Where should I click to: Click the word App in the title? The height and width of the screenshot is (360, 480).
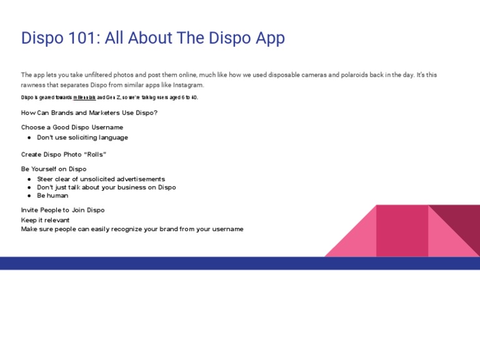268,38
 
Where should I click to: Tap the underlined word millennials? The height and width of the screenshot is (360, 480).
84,97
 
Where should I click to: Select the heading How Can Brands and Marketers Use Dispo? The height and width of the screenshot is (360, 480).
89,112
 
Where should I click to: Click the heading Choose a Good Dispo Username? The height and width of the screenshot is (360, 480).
76,127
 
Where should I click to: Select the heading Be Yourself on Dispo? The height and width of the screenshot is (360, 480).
54,169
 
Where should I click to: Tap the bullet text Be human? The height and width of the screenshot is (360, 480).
52,196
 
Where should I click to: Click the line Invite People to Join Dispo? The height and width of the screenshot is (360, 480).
62,211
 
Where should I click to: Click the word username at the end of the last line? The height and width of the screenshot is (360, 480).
227,229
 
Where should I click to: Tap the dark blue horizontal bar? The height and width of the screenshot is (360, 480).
240,263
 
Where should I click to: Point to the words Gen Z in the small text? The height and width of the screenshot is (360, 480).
111,97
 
